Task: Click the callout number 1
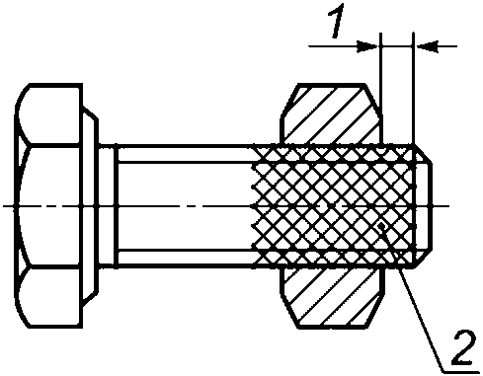tap(337, 21)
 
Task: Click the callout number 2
tap(464, 348)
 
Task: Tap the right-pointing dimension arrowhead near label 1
tap(367, 46)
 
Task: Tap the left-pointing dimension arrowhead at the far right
tap(428, 46)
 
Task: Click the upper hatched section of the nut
tap(331, 114)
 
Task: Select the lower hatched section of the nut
tap(331, 298)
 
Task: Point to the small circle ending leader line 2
tap(381, 226)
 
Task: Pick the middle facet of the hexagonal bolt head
tap(48, 204)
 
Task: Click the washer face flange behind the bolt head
tap(90, 205)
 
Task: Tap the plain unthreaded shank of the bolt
tap(185, 205)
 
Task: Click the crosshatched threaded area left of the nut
tap(266, 205)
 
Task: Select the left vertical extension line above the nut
tap(380, 89)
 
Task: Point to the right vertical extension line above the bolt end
tap(414, 89)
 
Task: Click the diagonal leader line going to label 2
tap(413, 300)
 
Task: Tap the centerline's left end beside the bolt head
tap(3, 206)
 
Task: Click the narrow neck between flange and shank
tap(108, 205)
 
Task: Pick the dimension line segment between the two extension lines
tap(397, 46)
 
